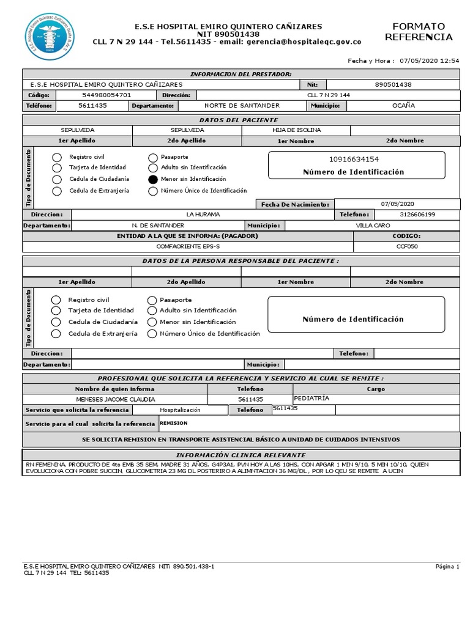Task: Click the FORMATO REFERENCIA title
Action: click(x=419, y=32)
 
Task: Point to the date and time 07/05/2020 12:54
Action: click(x=428, y=61)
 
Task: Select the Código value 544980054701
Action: click(x=106, y=95)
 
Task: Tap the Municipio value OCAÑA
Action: click(x=403, y=105)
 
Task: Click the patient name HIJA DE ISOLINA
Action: click(x=296, y=130)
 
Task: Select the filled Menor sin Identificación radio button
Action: click(x=152, y=179)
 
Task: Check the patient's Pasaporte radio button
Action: click(x=152, y=157)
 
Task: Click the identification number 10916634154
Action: click(x=354, y=160)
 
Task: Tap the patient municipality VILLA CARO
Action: click(x=372, y=225)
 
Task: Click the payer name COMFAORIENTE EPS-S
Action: click(x=187, y=246)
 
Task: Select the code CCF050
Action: click(x=406, y=246)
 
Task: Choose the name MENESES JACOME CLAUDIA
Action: click(x=115, y=399)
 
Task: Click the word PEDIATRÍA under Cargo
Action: click(x=311, y=398)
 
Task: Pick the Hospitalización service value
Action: click(x=180, y=410)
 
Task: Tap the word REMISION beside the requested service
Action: click(x=174, y=423)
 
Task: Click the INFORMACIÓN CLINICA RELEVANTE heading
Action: click(x=241, y=455)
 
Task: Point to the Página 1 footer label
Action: click(x=447, y=567)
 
